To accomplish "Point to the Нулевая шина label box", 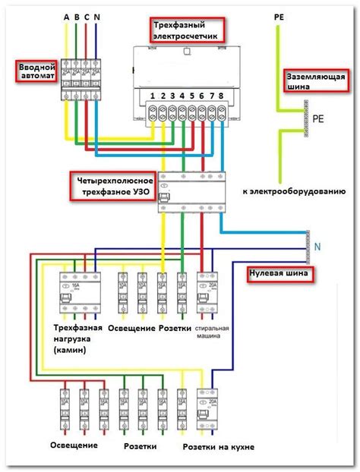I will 279,273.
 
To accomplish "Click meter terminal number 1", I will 153,96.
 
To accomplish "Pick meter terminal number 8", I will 221,96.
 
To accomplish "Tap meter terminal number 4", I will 182,96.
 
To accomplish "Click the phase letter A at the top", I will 67,17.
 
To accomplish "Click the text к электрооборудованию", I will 295,192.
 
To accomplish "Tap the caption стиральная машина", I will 213,333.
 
